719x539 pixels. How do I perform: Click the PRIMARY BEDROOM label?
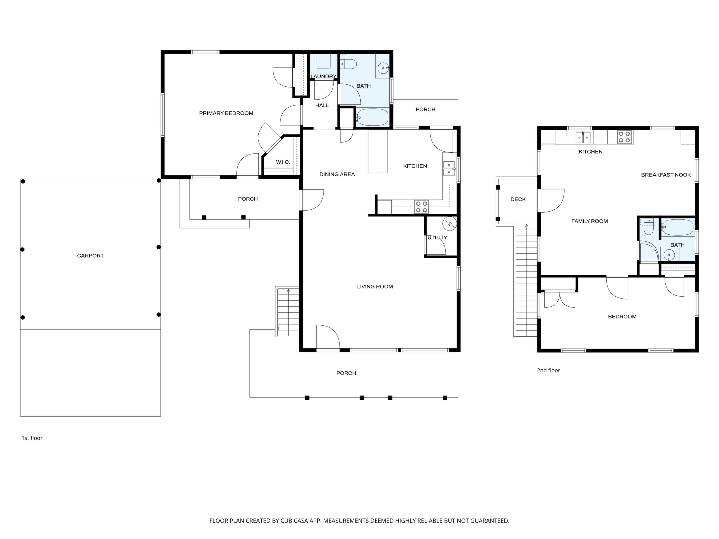tap(226, 113)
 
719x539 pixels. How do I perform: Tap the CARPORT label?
tap(90, 256)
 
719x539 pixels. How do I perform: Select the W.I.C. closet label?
tap(283, 162)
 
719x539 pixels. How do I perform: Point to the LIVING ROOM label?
tap(375, 286)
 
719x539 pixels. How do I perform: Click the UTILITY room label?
tap(437, 238)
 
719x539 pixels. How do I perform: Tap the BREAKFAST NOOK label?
tap(666, 175)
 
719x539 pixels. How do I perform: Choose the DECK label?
tap(518, 199)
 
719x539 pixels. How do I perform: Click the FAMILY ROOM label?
tap(589, 221)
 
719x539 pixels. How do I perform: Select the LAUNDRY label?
tap(323, 76)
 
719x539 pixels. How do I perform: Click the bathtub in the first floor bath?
tap(372, 117)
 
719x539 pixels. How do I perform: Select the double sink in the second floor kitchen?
tap(583, 137)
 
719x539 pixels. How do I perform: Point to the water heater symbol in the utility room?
tap(450, 223)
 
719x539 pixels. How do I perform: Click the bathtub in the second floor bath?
tap(678, 227)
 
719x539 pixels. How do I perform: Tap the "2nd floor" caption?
tap(548, 370)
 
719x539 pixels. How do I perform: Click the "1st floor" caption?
tap(32, 438)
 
